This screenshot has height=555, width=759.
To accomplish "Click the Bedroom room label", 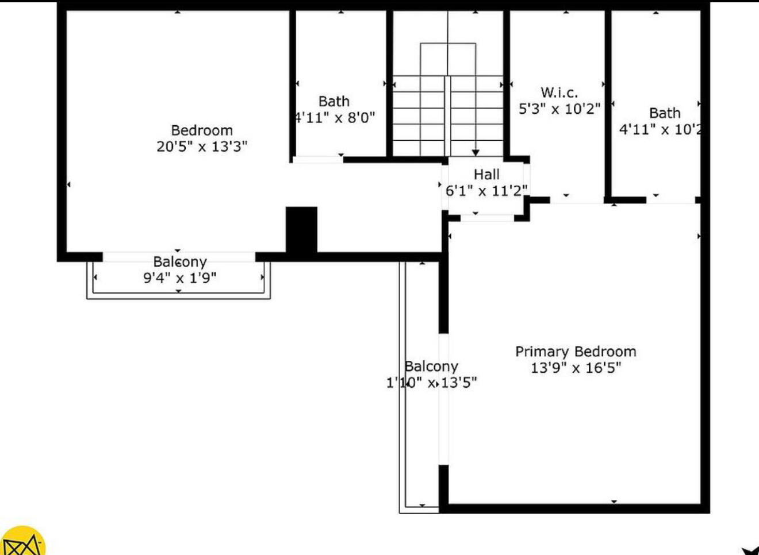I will (202, 130).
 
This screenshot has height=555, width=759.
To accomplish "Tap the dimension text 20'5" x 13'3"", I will (202, 147).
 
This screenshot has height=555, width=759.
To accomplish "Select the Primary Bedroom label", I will (576, 352).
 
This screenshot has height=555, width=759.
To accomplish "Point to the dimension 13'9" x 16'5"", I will (576, 368).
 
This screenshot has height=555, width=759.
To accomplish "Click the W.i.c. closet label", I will (559, 92).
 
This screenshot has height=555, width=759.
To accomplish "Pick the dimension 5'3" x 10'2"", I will (559, 109).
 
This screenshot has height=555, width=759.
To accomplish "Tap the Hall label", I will (486, 174).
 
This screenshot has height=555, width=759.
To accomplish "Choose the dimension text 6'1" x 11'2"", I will (486, 191).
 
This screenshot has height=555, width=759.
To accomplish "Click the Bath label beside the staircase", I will (334, 102).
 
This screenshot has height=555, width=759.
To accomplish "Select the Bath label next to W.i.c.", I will (665, 113).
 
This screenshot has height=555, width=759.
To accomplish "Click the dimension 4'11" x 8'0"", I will (335, 118).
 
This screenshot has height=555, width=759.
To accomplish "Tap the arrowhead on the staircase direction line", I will (476, 153).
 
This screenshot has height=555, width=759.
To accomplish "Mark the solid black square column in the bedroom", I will (302, 229).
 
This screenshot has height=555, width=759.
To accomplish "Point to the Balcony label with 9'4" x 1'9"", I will (180, 262).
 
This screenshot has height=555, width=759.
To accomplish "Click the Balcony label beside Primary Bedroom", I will (431, 367).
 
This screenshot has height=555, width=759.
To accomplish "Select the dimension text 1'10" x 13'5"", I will (431, 383).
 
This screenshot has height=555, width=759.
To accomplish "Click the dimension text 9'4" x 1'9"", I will (180, 278).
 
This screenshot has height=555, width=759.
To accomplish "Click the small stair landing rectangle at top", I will (448, 59).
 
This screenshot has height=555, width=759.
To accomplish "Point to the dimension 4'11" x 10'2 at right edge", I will (660, 129).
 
